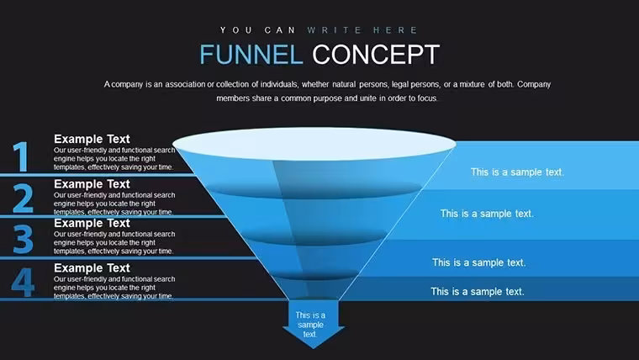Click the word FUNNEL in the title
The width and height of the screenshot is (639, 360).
251,54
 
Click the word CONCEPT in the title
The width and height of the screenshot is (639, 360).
376,54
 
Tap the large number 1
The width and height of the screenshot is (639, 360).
21,156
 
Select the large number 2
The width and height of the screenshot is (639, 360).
23,199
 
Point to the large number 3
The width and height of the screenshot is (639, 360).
23,240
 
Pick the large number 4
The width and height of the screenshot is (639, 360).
23,282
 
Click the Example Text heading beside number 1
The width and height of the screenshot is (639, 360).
92,139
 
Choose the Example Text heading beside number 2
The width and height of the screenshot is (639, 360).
92,184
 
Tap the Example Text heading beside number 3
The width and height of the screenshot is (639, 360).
92,223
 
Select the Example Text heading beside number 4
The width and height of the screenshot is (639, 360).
92,267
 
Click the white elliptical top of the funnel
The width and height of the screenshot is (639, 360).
314,144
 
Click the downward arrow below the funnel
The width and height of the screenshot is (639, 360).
314,324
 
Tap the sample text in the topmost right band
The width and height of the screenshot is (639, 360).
517,172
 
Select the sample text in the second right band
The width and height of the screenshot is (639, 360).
487,214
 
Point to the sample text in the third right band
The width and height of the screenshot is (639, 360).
479,262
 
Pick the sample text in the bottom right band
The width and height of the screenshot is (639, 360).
478,292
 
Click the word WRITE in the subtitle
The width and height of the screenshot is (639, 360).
335,30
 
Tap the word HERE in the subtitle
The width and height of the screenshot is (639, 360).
395,30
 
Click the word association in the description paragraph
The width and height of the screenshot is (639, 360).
185,84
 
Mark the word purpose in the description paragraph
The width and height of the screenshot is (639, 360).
327,98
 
